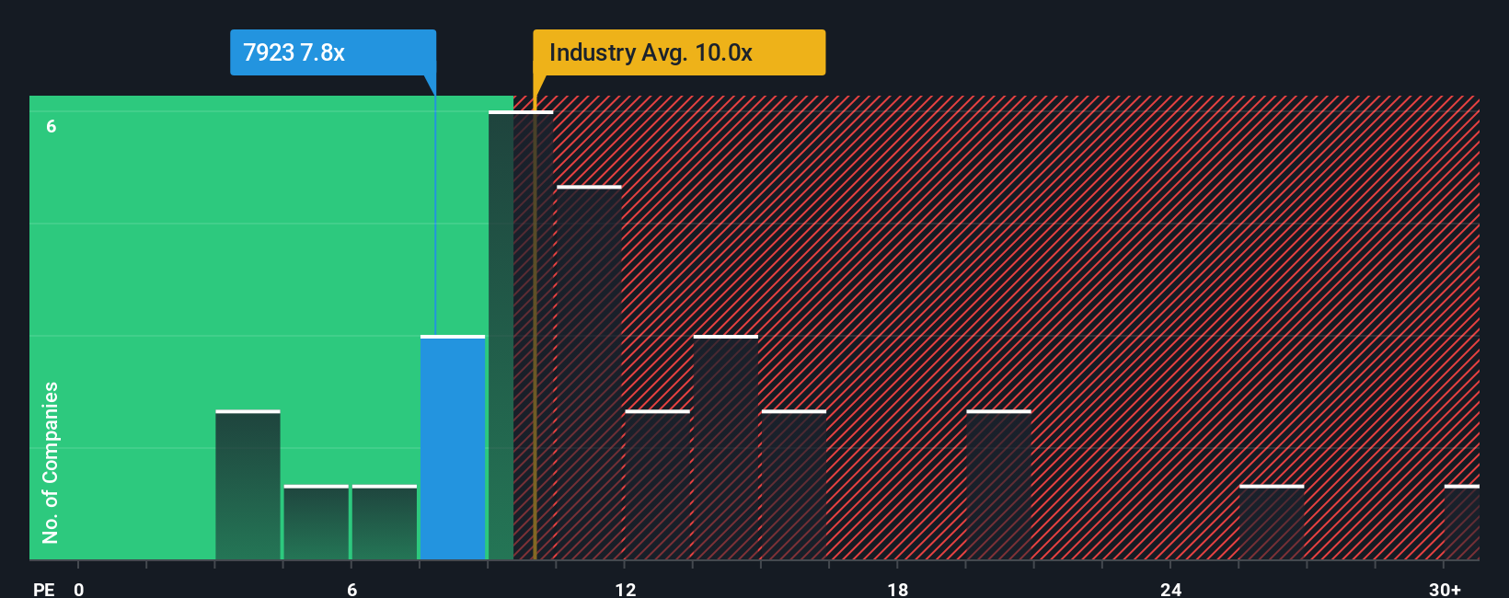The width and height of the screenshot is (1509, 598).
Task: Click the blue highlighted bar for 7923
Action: pos(453,448)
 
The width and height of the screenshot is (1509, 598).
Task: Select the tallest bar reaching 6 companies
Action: pos(521,336)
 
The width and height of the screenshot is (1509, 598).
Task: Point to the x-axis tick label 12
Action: pos(625,589)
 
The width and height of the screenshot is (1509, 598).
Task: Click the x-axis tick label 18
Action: pos(898,589)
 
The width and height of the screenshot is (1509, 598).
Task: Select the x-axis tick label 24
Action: pos(1170,589)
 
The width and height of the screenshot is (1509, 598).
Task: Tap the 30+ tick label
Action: pos(1445,589)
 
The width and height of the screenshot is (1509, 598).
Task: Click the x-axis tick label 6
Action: pos(351,589)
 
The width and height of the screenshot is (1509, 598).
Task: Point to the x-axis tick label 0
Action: pos(79,589)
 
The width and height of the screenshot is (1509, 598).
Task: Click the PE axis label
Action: pos(43,589)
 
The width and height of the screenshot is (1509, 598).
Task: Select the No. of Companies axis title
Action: pos(51,462)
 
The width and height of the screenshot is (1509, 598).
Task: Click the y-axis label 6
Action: pos(52,126)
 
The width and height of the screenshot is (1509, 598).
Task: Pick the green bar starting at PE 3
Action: pos(248,486)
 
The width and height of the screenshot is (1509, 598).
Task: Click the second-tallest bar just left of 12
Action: pos(589,373)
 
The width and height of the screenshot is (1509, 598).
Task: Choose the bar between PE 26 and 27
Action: pos(1272,523)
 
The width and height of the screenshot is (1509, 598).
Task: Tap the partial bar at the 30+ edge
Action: pos(1461,523)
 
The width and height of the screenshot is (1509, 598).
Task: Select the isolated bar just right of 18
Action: pos(998,486)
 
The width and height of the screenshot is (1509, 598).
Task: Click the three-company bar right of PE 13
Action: pos(726,448)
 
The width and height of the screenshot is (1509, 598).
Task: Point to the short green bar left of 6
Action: pos(317,523)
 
